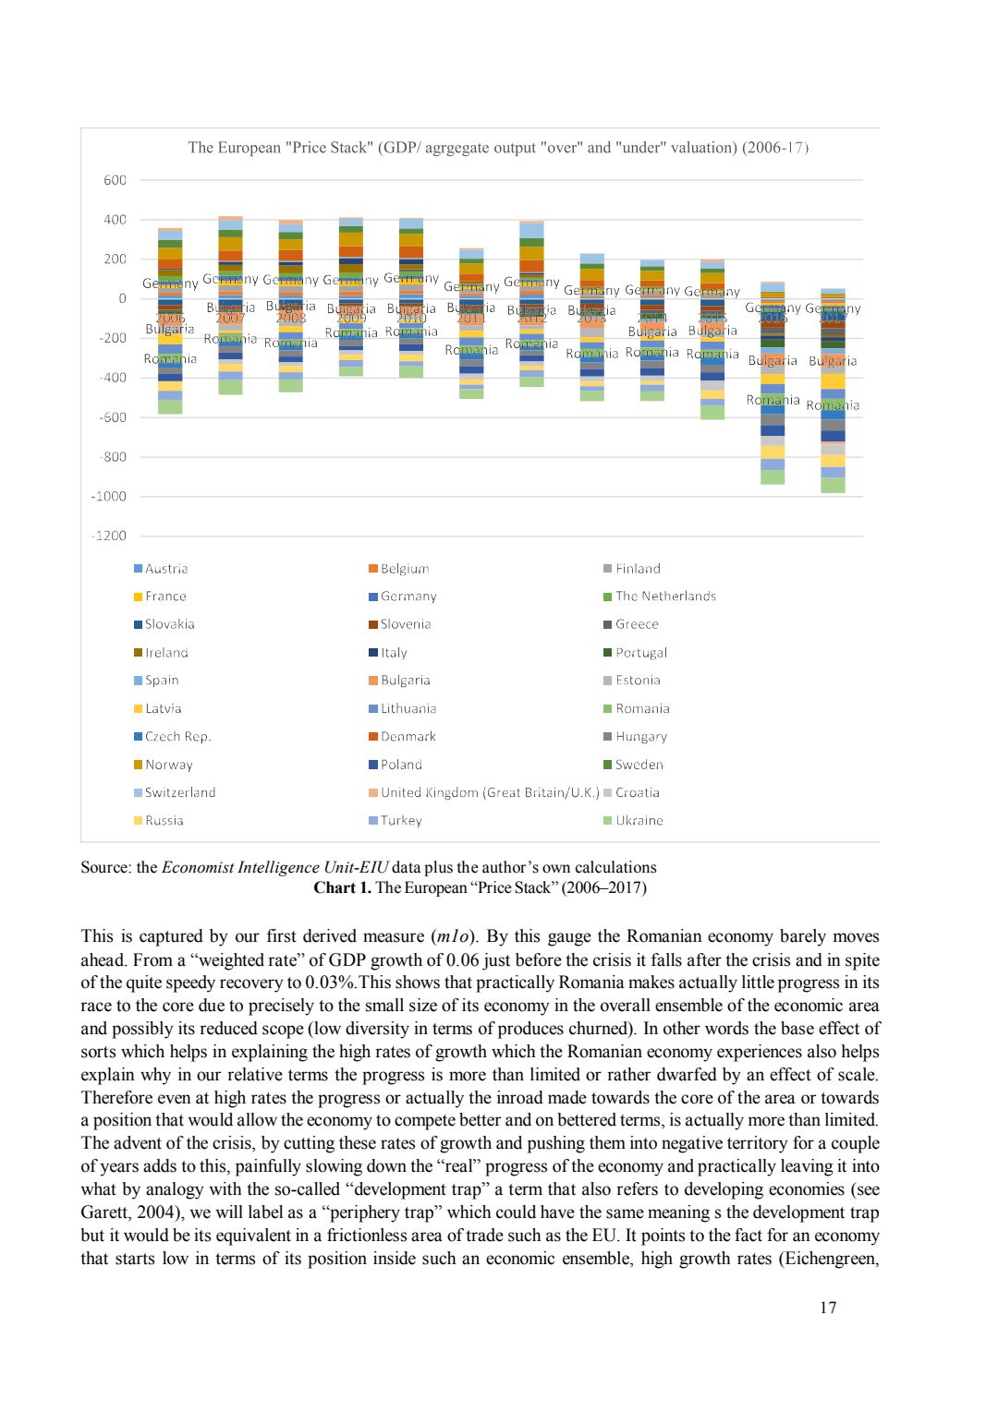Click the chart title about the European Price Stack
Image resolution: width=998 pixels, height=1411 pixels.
point(498,148)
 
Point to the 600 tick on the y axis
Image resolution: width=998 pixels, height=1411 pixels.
point(115,180)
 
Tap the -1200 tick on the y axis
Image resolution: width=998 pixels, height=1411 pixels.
point(109,537)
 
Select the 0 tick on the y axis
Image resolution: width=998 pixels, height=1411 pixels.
point(121,299)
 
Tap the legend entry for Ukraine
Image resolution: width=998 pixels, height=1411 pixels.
point(639,820)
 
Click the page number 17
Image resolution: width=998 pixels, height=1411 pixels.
point(828,1308)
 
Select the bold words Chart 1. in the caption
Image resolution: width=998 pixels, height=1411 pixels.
point(342,887)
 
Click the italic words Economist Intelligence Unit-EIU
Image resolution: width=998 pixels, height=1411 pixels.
point(274,867)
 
